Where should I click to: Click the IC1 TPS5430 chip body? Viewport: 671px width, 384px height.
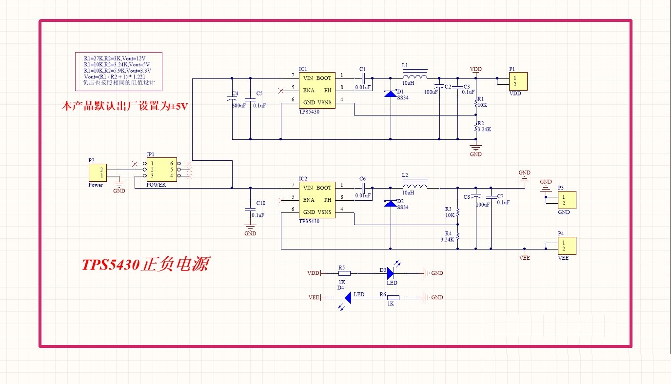[316, 91]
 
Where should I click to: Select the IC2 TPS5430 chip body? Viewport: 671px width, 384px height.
[316, 200]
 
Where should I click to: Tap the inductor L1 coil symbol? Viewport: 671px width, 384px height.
[414, 76]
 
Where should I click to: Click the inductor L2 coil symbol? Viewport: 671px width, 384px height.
[414, 186]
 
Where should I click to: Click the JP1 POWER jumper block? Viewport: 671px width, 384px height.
[161, 170]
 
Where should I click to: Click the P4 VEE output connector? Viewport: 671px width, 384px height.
[567, 246]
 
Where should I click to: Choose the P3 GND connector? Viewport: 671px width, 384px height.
[567, 200]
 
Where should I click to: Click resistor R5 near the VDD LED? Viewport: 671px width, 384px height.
[344, 273]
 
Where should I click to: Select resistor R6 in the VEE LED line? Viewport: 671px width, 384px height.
[393, 297]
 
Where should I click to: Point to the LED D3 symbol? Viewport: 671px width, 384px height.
[391, 273]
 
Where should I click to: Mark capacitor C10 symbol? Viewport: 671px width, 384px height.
[250, 210]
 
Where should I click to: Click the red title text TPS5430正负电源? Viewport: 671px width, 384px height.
[145, 265]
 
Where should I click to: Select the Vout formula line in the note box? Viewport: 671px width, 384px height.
[114, 77]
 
